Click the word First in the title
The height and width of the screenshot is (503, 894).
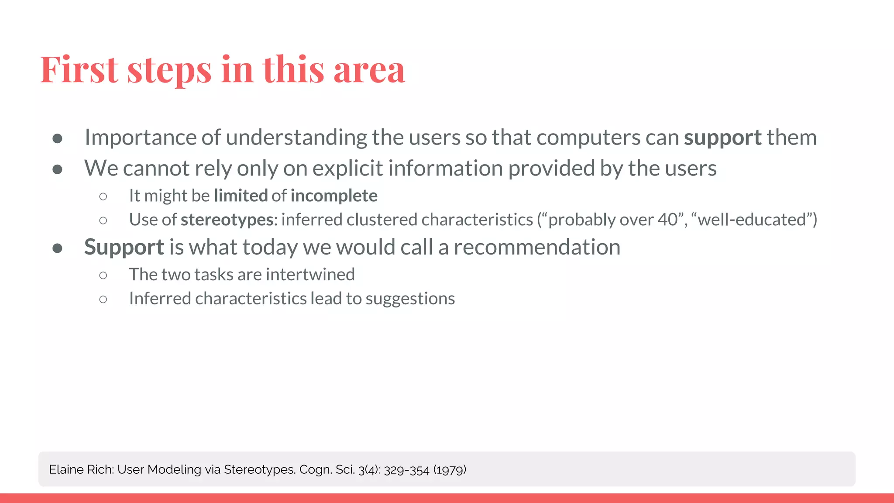click(79, 69)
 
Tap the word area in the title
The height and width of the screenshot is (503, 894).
click(369, 71)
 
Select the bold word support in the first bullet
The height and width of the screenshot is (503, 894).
click(722, 138)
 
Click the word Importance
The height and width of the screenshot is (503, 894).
click(140, 138)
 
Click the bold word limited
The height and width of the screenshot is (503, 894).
click(241, 196)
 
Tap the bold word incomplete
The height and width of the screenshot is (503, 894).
click(334, 196)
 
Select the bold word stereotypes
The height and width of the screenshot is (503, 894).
click(227, 220)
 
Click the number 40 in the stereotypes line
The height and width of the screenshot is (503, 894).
click(667, 220)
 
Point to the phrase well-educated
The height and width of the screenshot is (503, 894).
click(752, 220)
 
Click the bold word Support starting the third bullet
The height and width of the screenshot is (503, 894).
click(124, 248)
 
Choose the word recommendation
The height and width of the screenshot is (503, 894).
click(536, 247)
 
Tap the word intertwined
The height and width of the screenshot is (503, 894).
click(310, 275)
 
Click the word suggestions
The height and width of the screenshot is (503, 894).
click(410, 299)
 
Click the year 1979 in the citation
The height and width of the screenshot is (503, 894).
click(450, 470)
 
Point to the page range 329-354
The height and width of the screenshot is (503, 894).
click(406, 470)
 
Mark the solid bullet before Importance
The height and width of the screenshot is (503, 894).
click(57, 138)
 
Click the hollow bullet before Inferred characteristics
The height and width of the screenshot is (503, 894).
click(103, 299)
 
